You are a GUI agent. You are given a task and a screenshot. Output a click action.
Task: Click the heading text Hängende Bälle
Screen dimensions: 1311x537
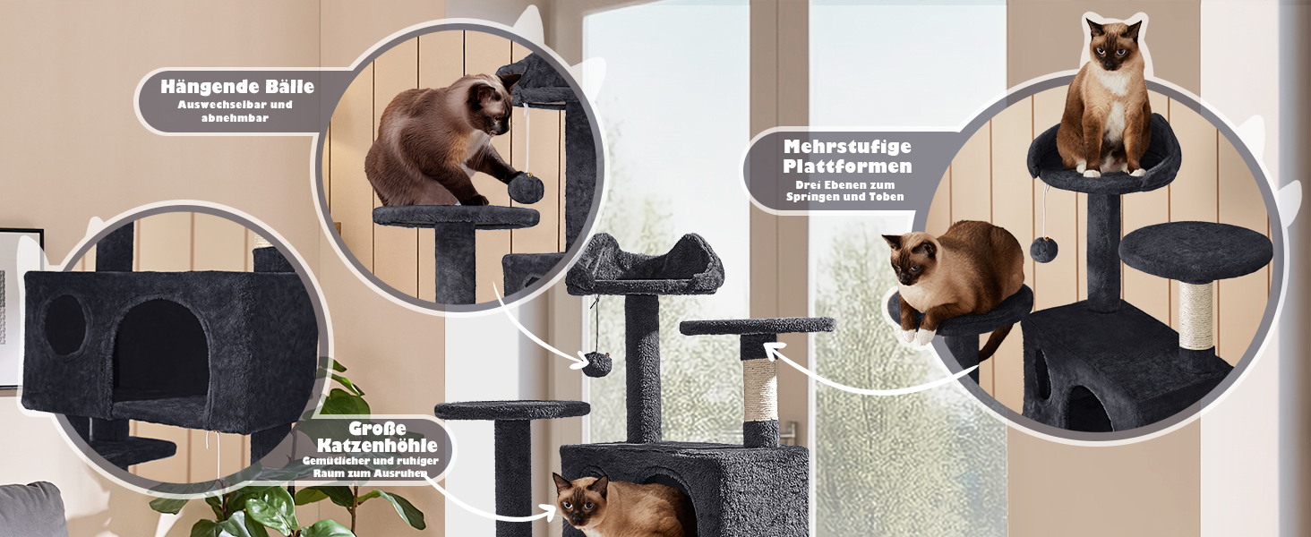[237, 87]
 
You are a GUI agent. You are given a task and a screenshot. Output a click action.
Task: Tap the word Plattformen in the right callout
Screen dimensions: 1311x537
[847, 166]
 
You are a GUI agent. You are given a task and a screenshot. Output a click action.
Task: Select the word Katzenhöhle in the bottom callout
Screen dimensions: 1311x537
[377, 445]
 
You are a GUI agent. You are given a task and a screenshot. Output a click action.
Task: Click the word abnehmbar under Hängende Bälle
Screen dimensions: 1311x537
[235, 117]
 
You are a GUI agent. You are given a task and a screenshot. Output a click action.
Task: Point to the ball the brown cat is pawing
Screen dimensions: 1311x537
[525, 188]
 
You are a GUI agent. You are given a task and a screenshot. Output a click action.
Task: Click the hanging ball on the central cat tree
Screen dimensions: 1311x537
[597, 363]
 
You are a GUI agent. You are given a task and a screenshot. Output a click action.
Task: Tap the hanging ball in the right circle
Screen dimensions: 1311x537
[1043, 249]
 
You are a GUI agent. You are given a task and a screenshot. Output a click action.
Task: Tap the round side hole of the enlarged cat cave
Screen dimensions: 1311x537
[64, 325]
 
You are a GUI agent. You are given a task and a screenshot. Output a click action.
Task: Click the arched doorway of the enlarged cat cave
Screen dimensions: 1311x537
[161, 351]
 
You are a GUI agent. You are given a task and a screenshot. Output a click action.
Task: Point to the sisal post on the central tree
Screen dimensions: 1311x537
[760, 390]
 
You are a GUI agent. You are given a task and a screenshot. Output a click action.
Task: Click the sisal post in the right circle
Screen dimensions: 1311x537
[1195, 317]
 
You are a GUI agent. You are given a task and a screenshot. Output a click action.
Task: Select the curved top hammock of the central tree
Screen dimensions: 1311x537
[644, 266]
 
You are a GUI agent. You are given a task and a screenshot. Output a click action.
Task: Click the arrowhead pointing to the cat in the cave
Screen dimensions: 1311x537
[550, 512]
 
